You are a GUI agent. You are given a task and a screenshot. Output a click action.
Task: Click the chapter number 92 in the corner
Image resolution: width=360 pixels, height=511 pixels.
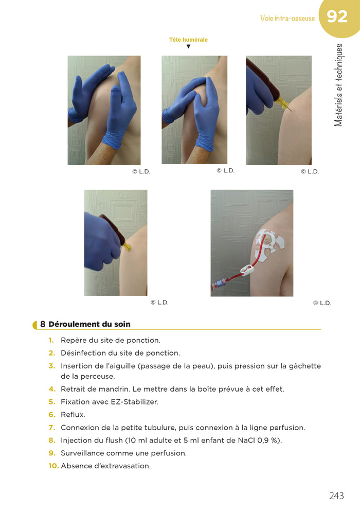point(337,17)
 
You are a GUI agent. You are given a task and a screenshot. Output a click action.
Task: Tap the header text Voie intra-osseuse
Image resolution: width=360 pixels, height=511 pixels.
point(287,19)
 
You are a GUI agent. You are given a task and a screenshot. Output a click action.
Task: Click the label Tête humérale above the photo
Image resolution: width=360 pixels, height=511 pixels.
point(188,40)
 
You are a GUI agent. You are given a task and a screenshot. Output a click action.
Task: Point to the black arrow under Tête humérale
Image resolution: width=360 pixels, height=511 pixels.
point(188,47)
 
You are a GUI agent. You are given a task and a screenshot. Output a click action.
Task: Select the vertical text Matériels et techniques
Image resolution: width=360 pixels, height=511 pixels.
point(338,85)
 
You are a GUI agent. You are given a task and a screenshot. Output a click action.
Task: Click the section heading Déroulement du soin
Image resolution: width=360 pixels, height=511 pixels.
point(89,324)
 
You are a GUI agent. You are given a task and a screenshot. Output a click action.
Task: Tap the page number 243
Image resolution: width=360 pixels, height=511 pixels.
point(336,496)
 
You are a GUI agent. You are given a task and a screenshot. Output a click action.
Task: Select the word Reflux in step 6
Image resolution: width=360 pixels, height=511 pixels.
point(73,415)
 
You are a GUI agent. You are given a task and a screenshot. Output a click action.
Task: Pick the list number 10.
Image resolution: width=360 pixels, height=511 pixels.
point(53,466)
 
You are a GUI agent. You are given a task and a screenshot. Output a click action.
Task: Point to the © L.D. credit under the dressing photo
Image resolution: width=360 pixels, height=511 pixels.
point(321,303)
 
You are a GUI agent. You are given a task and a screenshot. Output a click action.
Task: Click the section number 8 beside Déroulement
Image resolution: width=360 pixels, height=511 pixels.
point(43,324)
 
